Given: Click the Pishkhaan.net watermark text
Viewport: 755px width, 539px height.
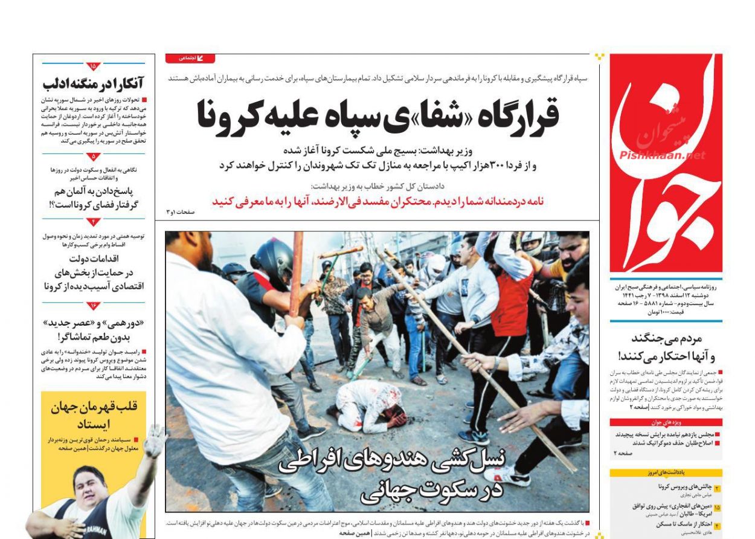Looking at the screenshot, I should click(x=662, y=155).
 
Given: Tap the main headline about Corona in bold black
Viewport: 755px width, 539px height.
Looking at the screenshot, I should click(x=378, y=114).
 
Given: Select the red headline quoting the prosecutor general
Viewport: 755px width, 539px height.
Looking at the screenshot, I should click(x=377, y=201).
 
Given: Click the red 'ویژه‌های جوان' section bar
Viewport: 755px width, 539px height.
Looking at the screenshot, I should click(x=666, y=422).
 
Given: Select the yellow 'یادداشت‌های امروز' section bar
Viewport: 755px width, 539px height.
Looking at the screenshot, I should click(x=666, y=473).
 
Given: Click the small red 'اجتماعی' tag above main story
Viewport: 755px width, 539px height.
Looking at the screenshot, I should click(x=190, y=59).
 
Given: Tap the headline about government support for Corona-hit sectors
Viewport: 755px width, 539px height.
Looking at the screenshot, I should click(x=94, y=272).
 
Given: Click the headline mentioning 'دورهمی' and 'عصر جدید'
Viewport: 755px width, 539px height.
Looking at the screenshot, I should click(x=94, y=330).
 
